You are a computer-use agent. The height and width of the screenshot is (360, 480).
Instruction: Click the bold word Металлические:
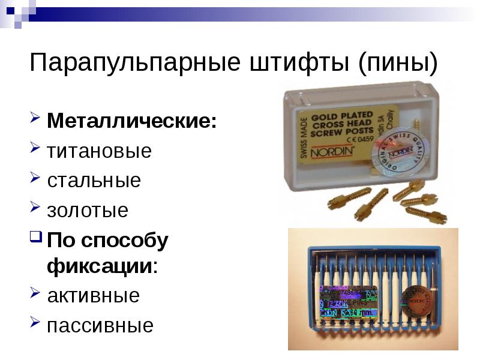click(x=133, y=121)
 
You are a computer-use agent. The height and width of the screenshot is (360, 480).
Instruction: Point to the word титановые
click(x=100, y=151)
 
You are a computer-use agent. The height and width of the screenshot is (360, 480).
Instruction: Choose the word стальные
click(x=94, y=181)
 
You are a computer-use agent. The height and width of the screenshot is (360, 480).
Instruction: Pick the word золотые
click(x=88, y=211)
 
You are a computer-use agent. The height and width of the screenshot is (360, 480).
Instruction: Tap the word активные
click(x=94, y=295)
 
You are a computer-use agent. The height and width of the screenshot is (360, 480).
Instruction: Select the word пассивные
click(x=100, y=326)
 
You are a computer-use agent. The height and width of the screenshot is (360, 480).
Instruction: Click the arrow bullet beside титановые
click(x=35, y=148)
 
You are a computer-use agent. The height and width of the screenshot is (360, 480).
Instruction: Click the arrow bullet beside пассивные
click(x=35, y=323)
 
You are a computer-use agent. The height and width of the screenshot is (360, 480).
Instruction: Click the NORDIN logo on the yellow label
click(x=335, y=151)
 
